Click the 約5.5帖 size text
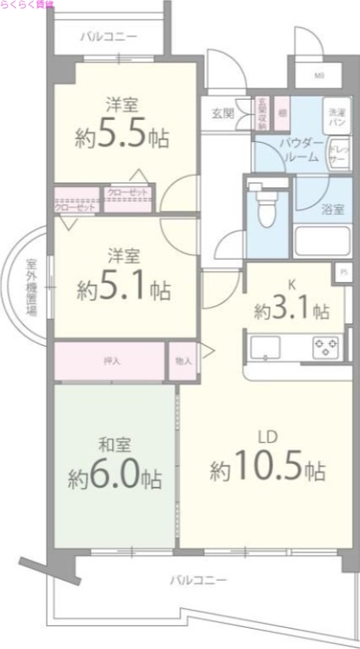click(x=124, y=135)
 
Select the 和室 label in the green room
click(x=113, y=445)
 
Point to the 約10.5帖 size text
click(x=268, y=468)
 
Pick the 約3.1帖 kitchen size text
click(x=291, y=310)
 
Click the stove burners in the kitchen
click(x=326, y=349)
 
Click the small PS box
click(x=344, y=273)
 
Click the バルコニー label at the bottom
click(x=198, y=580)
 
